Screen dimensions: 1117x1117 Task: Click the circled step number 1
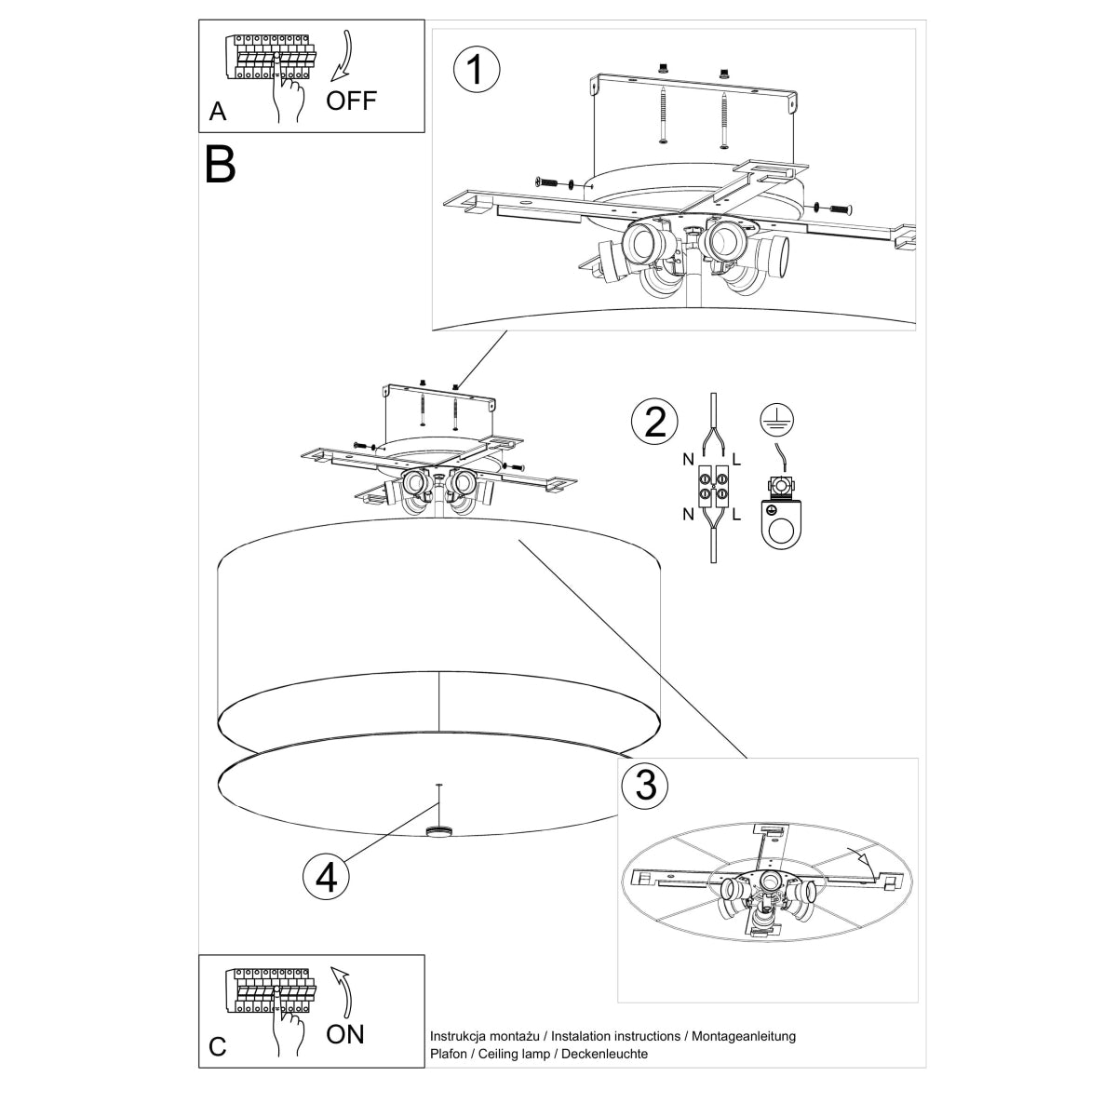476,71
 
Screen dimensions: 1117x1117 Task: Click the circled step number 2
654,423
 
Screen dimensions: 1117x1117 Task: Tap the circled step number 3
644,785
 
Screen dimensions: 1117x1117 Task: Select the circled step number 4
327,875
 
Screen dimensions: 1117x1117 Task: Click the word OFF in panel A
352,101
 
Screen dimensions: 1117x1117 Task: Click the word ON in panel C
345,1033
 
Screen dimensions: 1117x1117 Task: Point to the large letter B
221,164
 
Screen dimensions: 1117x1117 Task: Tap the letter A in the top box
218,113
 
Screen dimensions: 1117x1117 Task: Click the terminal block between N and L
713,486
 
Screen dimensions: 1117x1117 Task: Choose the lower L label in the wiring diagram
736,513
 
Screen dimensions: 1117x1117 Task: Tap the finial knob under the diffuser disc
437,830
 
